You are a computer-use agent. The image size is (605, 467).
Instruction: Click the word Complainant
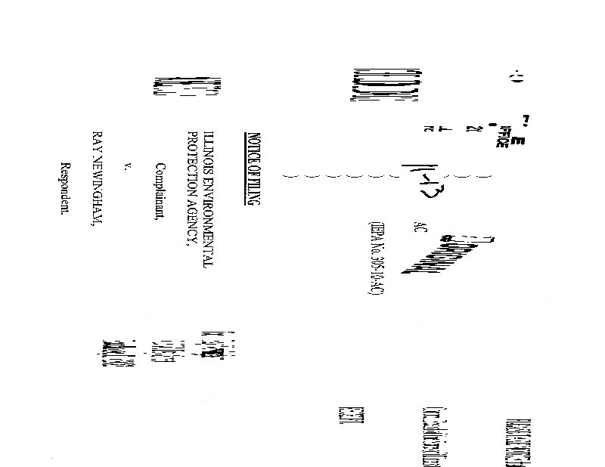(x=160, y=191)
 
